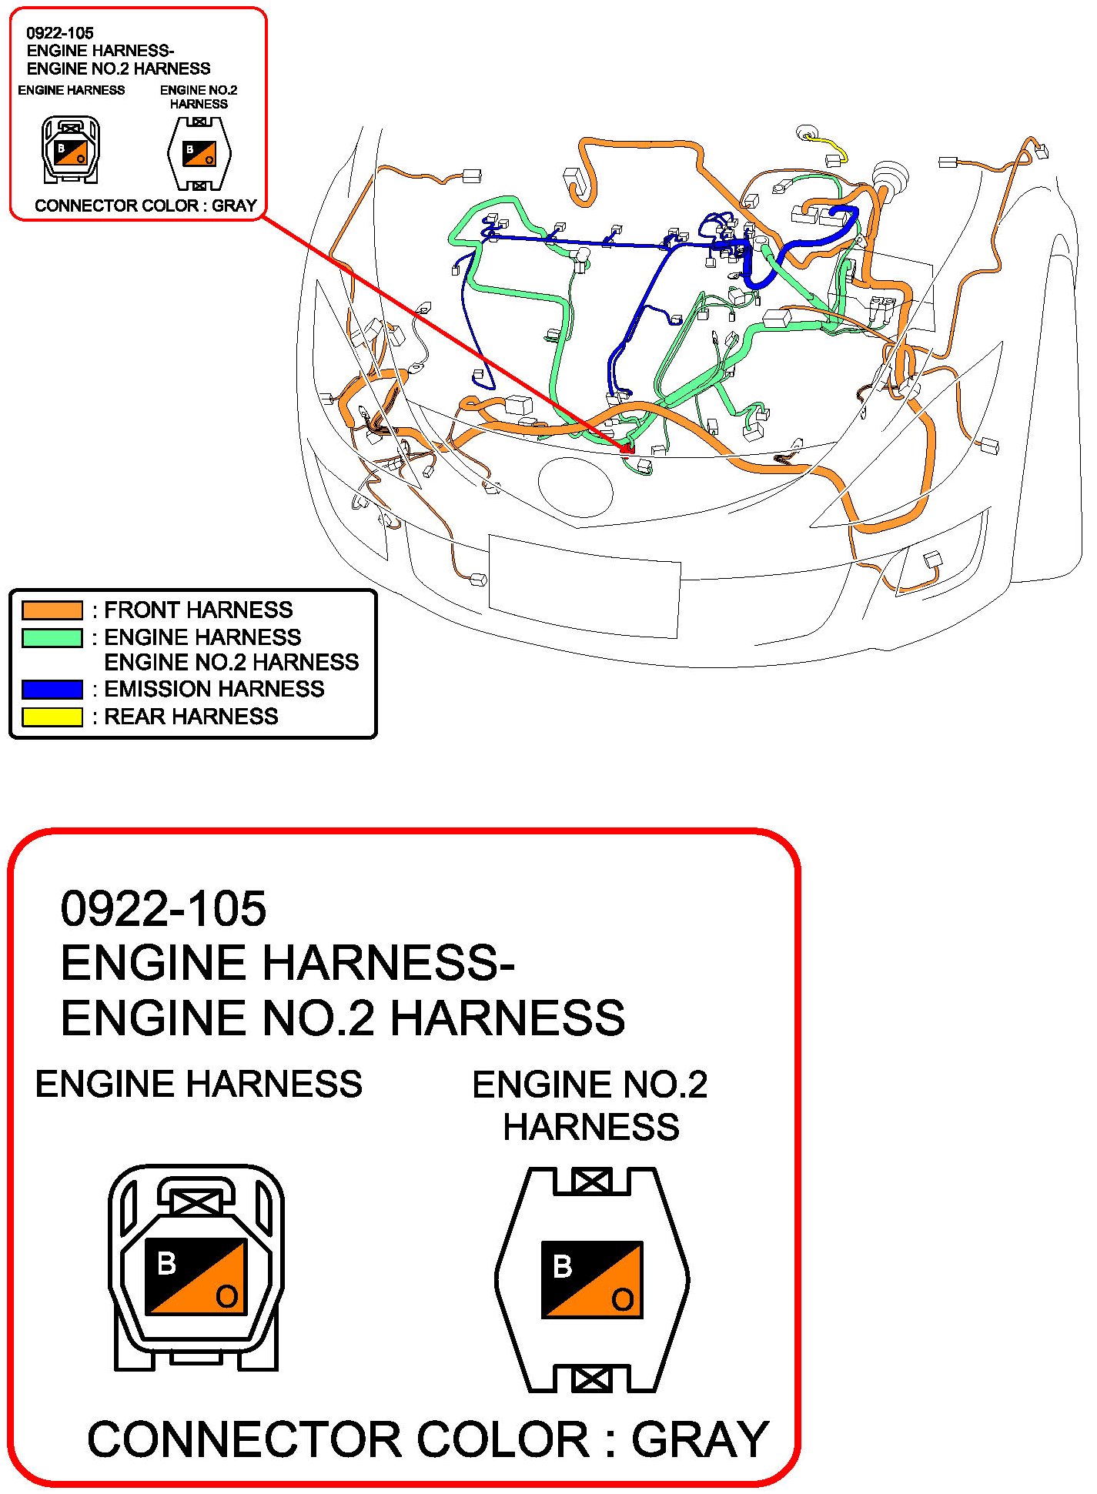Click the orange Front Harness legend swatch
[52, 610]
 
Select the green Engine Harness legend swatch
[52, 638]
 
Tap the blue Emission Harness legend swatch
[52, 689]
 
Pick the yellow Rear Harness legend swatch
[52, 717]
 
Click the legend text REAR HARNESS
[191, 717]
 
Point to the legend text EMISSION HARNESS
[214, 689]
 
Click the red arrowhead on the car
[628, 446]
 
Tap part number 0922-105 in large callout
[163, 908]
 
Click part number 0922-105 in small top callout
[60, 33]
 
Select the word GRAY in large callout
[700, 1439]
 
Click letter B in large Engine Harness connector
[166, 1263]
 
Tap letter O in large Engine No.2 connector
[622, 1300]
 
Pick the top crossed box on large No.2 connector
[592, 1181]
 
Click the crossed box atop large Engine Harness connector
[196, 1202]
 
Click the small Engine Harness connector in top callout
[70, 149]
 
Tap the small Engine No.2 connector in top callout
[199, 153]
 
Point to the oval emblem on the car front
[575, 486]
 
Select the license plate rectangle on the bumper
[584, 587]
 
